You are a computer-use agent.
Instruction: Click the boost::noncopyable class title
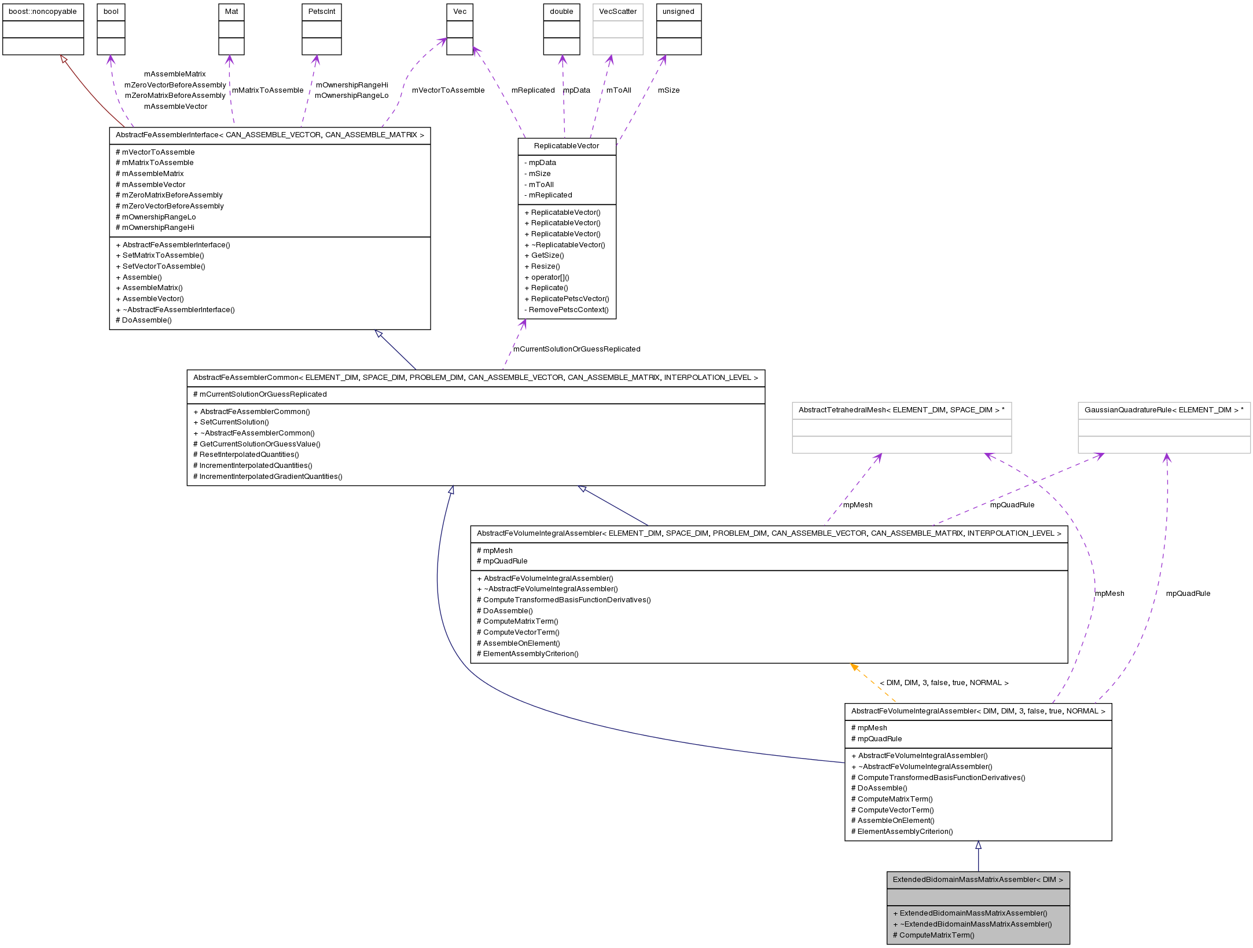click(43, 12)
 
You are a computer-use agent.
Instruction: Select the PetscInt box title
click(322, 12)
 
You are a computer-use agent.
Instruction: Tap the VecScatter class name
click(618, 12)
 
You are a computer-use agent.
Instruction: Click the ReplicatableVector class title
click(567, 146)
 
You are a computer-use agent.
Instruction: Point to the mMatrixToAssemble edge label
click(267, 90)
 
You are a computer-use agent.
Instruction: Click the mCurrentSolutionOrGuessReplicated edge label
click(576, 349)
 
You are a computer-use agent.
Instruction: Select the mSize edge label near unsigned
click(668, 90)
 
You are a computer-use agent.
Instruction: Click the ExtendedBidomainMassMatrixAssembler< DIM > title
click(978, 880)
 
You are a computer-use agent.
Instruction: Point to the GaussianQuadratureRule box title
click(1164, 410)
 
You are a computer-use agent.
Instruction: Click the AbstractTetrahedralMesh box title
click(901, 410)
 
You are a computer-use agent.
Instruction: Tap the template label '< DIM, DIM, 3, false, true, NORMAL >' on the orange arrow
click(944, 683)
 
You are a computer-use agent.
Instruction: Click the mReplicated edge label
click(532, 90)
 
